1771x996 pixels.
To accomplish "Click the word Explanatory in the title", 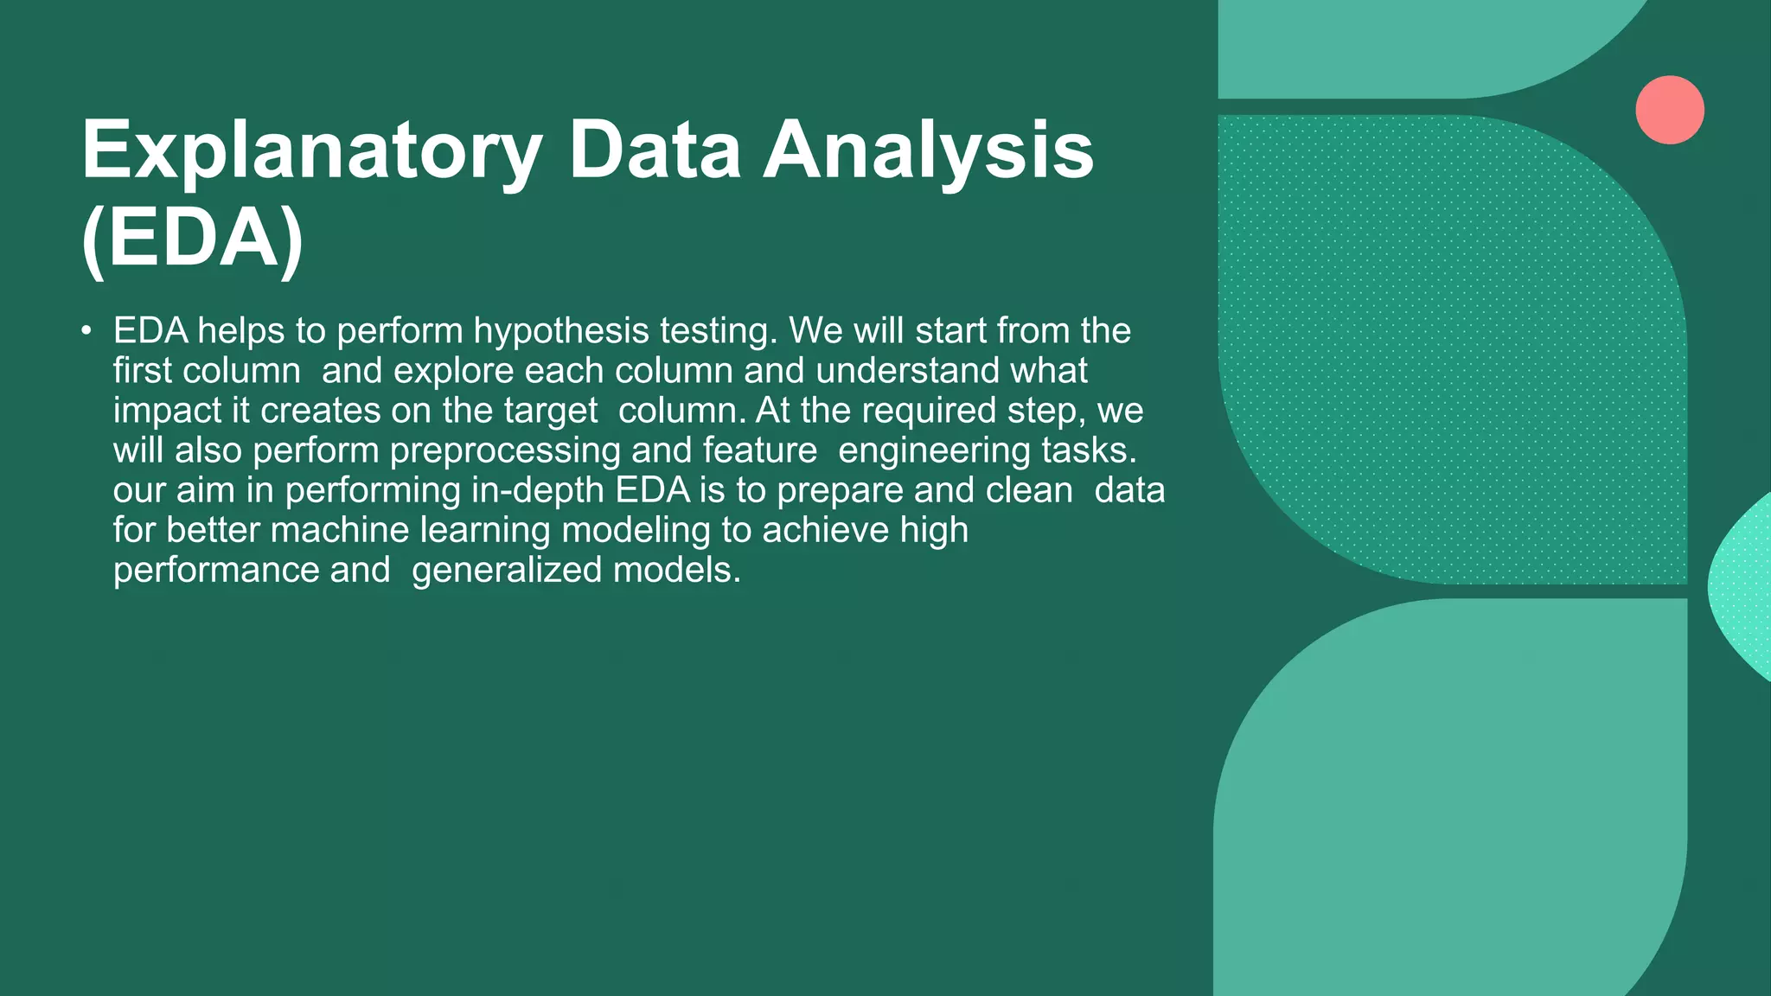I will [311, 152].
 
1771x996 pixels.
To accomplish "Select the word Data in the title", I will [655, 152].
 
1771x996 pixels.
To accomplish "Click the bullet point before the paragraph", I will [86, 332].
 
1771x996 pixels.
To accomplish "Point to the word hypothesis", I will [561, 332].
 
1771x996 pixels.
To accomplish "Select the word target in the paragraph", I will [551, 412].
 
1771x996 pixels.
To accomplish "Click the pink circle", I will [1669, 110].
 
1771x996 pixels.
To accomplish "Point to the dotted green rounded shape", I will [1453, 346].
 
